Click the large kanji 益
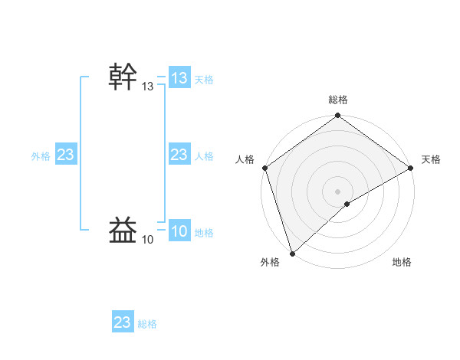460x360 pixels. (124, 230)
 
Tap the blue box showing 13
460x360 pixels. (179, 78)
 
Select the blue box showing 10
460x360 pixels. (179, 232)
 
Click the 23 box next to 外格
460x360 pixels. (65, 155)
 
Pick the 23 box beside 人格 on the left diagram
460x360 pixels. (179, 155)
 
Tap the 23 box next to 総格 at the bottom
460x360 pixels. (122, 322)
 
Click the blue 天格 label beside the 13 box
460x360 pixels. (204, 79)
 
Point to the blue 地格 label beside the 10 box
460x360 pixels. (204, 233)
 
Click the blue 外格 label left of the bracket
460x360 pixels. (41, 156)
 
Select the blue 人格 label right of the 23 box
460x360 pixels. (204, 156)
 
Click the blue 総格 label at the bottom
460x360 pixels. (147, 324)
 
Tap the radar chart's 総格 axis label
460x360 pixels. (338, 100)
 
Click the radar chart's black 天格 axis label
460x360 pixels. (431, 159)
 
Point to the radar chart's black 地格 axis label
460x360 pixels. (402, 263)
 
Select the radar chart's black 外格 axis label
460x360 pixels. (270, 263)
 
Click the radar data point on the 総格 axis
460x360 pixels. (338, 116)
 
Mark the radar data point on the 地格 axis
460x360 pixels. (347, 204)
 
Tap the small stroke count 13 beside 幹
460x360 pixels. (147, 87)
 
